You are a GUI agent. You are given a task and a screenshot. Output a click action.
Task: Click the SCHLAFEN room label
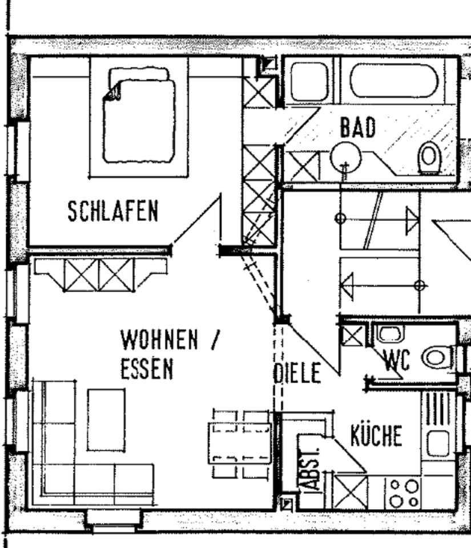(112, 212)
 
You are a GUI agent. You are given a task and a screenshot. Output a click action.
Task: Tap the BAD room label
(358, 127)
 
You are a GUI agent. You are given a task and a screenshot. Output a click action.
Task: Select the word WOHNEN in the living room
(159, 341)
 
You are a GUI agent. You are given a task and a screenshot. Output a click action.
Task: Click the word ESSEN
(146, 369)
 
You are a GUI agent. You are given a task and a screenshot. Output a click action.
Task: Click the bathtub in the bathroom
(394, 80)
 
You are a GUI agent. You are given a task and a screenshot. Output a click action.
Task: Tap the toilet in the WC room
(436, 358)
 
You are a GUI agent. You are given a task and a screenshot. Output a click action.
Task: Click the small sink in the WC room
(391, 333)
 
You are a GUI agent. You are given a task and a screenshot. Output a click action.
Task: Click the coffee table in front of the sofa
(106, 419)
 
